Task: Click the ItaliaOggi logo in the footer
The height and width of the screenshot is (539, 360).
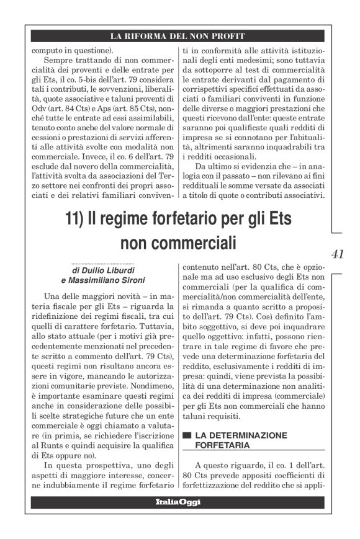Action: pyautogui.click(x=177, y=502)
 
